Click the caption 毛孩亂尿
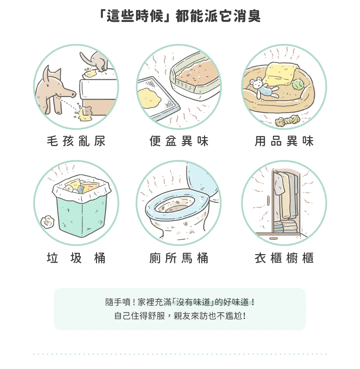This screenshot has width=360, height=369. [x=76, y=141]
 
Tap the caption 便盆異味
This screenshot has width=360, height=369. [x=179, y=141]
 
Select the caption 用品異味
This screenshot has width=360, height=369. [x=284, y=141]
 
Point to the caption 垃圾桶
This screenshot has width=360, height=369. [x=76, y=258]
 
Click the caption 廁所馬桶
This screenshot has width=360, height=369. [x=179, y=258]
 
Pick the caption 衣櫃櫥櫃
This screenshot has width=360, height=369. [x=284, y=258]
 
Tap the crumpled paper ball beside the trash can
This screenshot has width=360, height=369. [x=48, y=222]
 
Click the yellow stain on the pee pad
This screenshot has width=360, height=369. [x=149, y=98]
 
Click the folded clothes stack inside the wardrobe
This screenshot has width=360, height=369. [x=285, y=226]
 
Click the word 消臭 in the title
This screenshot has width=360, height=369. [x=247, y=16]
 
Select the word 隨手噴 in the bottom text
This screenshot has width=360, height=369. [x=118, y=302]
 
